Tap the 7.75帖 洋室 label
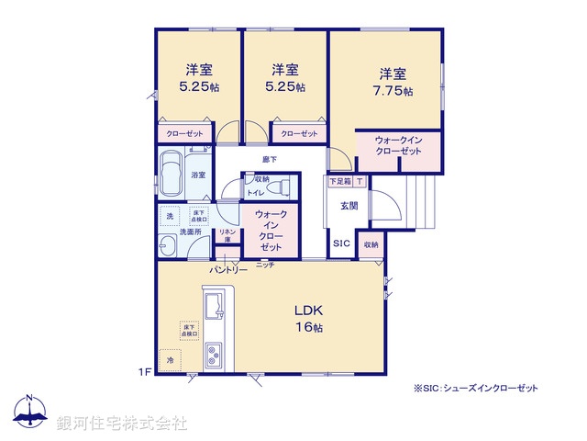(393, 81)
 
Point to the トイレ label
(253, 193)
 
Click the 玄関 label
(349, 205)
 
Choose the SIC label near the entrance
(340, 243)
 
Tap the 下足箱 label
(338, 182)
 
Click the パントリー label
(228, 270)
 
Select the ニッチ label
(265, 266)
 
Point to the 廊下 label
(269, 159)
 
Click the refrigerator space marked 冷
(170, 362)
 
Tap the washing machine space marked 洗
(170, 216)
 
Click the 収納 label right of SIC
(370, 244)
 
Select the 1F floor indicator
(144, 371)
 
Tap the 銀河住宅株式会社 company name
(122, 424)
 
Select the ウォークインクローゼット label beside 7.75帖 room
(397, 145)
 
